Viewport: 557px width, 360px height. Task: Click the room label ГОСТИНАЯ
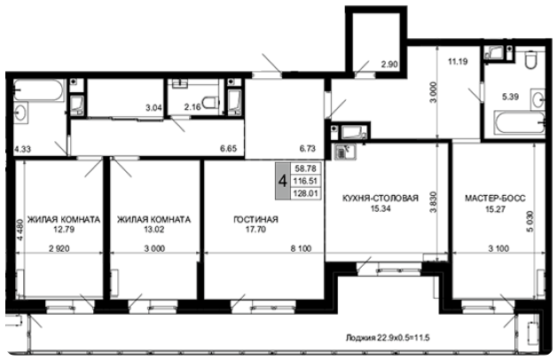[255, 219]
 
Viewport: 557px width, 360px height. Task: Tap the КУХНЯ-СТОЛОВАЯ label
[380, 198]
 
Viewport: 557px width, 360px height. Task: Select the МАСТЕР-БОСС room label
[495, 198]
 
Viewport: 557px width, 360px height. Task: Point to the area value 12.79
[64, 230]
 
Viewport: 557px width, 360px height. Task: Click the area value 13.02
[153, 230]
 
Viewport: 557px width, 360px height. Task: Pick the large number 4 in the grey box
[283, 181]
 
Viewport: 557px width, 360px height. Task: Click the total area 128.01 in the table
[305, 193]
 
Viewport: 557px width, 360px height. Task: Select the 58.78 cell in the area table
[305, 168]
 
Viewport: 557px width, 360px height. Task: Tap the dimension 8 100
[301, 248]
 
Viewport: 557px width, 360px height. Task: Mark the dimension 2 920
[59, 248]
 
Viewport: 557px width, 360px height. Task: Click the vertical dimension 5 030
[530, 222]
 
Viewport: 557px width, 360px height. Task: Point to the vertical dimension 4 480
[20, 230]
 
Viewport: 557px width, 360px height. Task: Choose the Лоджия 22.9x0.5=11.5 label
[388, 338]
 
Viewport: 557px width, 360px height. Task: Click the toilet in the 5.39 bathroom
[531, 59]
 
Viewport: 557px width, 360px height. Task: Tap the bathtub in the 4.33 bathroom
[39, 90]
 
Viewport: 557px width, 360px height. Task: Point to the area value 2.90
[389, 65]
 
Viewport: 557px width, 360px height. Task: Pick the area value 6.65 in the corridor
[228, 148]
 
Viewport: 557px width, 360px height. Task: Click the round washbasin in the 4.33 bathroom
[20, 113]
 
